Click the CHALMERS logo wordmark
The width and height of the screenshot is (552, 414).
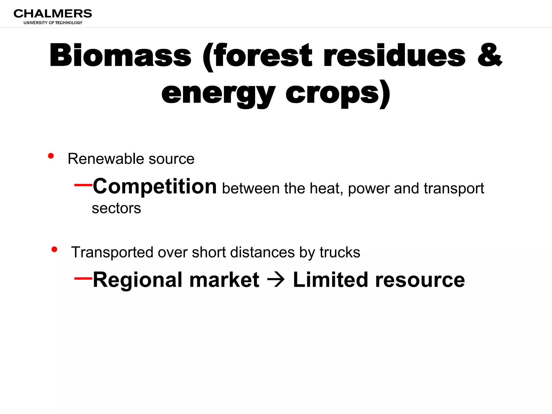53,13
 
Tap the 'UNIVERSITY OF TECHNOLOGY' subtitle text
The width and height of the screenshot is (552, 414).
53,23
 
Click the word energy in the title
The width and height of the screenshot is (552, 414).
218,94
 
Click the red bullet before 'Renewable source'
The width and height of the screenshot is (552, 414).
51,156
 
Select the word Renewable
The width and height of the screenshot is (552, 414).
106,159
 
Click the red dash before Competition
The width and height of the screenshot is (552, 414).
83,185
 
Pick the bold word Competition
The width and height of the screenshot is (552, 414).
155,187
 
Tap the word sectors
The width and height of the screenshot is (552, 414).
116,208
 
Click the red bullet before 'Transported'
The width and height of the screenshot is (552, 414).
54,249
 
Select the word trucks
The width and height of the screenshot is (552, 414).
340,252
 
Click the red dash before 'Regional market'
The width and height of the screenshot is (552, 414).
83,278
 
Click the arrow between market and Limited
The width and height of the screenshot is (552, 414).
276,280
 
